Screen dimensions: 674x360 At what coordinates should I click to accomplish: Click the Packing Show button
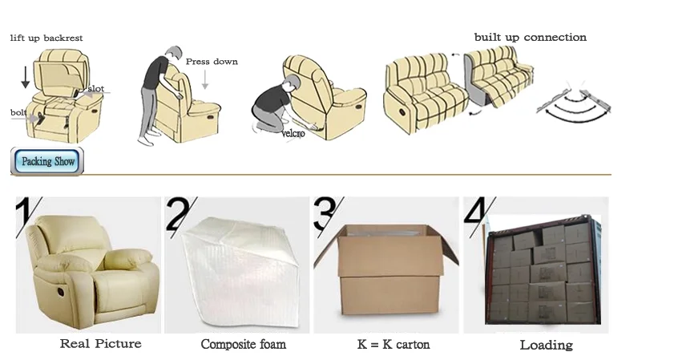pos(46,161)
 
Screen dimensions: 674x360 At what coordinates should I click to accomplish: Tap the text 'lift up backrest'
pos(46,38)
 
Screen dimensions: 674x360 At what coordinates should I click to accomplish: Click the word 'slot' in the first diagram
pos(96,89)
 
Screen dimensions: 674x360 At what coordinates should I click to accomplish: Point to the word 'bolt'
pos(18,112)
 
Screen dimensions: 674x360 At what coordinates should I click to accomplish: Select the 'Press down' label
pos(212,62)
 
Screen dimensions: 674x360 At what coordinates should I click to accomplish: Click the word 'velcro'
pos(293,133)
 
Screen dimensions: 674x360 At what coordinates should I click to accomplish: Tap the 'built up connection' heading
pos(531,38)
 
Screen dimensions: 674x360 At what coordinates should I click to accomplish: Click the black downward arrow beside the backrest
pos(26,78)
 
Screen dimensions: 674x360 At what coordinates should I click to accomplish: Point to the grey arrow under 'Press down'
pos(205,79)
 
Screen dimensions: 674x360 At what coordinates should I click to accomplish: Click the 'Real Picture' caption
pos(101,344)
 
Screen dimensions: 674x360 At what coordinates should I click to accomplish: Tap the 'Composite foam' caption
pos(244,344)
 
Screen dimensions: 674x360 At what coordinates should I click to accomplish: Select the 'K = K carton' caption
pos(394,344)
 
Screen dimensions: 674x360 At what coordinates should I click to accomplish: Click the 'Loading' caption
pos(546,345)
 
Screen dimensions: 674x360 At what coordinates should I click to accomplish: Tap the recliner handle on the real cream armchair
pos(61,292)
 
